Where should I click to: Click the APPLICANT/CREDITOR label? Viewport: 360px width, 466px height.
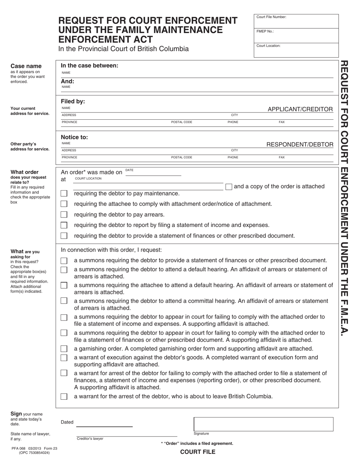(x=300, y=109)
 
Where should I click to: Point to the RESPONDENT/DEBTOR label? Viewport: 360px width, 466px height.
(x=300, y=144)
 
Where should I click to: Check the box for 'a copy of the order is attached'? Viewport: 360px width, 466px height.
(x=229, y=186)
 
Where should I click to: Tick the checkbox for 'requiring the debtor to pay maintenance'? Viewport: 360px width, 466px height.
(x=64, y=194)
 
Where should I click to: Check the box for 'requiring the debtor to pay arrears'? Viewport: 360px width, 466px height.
(x=64, y=214)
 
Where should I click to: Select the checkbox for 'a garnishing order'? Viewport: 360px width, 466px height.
(x=64, y=349)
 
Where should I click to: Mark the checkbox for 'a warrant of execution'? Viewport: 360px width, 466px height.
(x=64, y=358)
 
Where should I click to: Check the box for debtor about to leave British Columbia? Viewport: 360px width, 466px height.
(x=64, y=397)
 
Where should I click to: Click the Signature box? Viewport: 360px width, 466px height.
(x=263, y=424)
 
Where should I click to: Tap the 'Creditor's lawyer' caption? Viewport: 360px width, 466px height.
(x=90, y=439)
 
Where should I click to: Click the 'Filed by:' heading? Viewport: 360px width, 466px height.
(x=73, y=102)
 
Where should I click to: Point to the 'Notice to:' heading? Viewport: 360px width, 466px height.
(x=74, y=137)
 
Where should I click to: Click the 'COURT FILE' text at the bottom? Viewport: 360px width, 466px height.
(x=197, y=452)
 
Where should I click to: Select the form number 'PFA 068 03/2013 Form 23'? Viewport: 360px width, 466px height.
(x=34, y=449)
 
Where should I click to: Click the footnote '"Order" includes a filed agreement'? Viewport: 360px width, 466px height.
(x=197, y=443)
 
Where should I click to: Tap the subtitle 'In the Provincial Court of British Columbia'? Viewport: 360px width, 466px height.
(x=123, y=49)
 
